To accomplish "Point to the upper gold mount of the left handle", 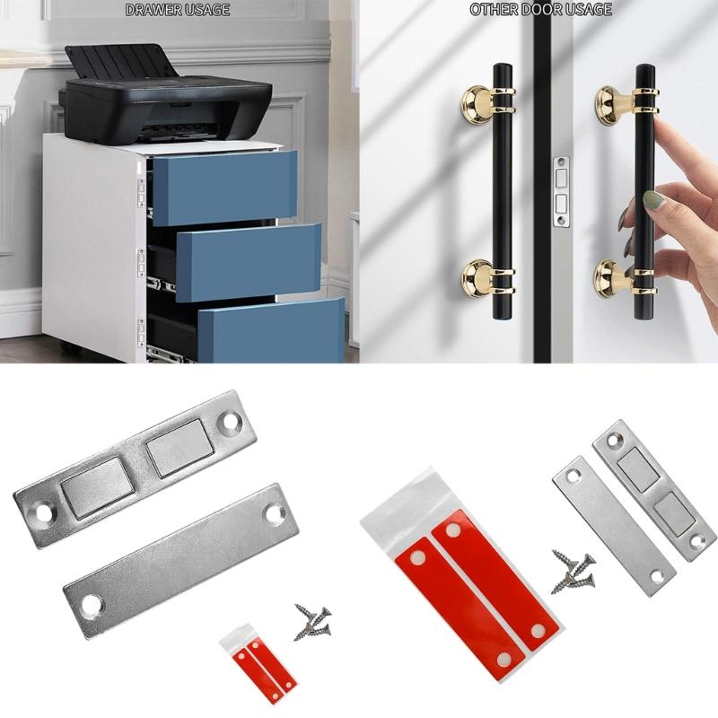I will pyautogui.click(x=486, y=98).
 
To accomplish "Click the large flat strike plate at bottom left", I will pyautogui.click(x=175, y=557).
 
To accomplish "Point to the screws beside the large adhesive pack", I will pyautogui.click(x=570, y=572).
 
